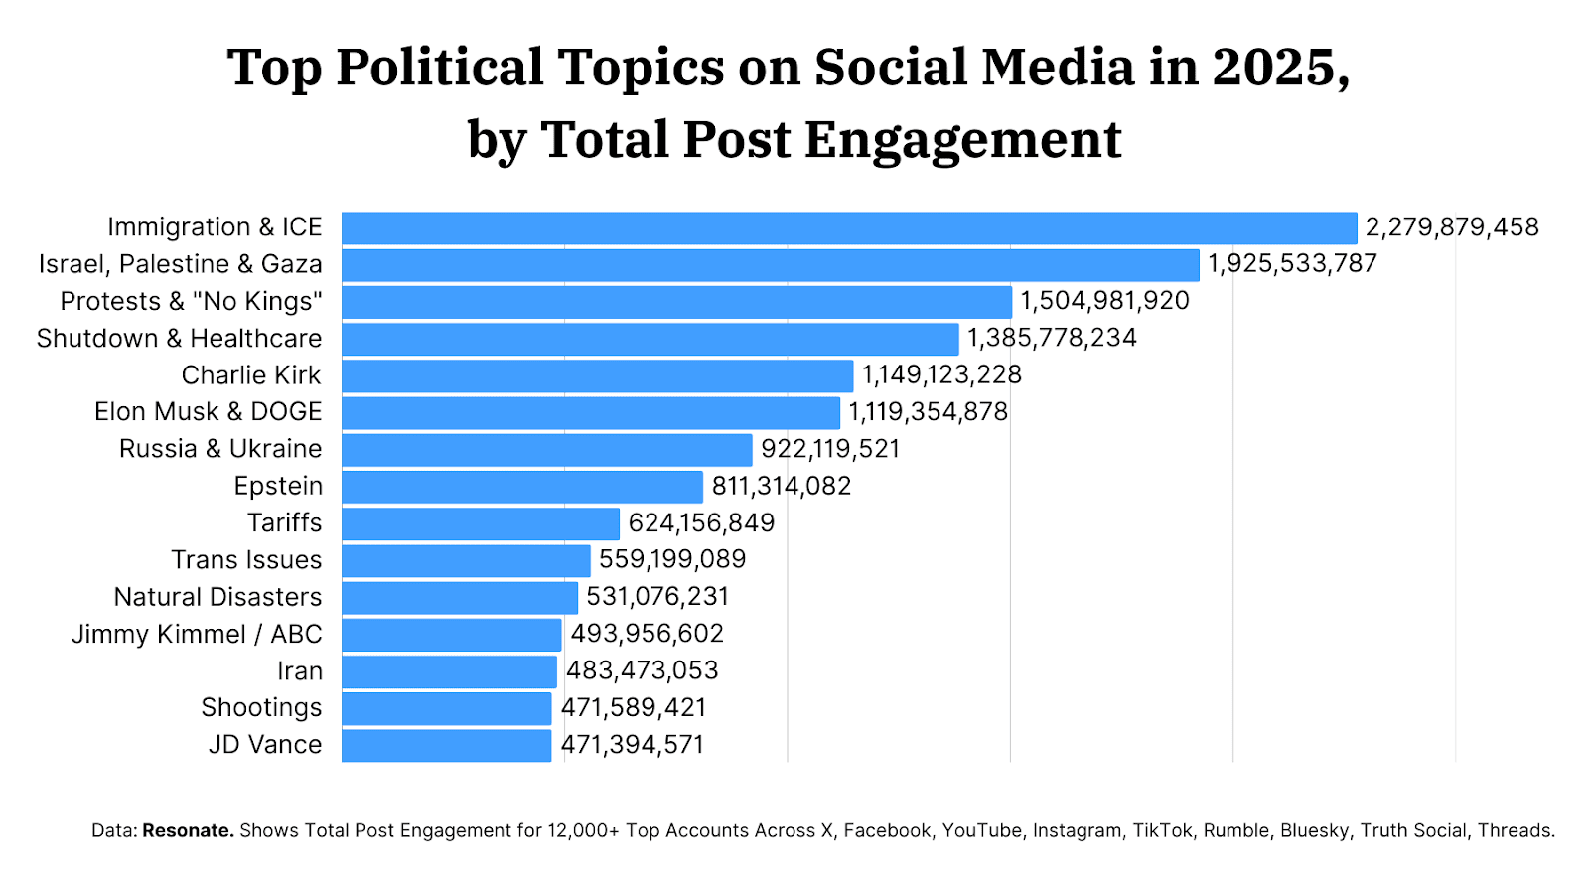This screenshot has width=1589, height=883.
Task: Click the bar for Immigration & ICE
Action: pyautogui.click(x=849, y=228)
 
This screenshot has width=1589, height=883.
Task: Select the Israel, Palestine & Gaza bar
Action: pyautogui.click(x=771, y=265)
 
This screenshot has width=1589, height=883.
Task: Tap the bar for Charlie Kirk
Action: pyautogui.click(x=597, y=376)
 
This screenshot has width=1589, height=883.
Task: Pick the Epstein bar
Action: pyautogui.click(x=522, y=487)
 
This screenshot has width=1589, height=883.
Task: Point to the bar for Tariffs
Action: pyautogui.click(x=481, y=523)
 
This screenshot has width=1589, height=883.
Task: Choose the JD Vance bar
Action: pyautogui.click(x=446, y=745)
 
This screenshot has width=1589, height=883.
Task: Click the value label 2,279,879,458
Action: pyautogui.click(x=1452, y=227)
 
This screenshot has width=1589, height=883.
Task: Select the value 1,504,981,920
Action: pyautogui.click(x=1104, y=301)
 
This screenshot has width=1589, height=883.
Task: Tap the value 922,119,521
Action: pyautogui.click(x=830, y=449)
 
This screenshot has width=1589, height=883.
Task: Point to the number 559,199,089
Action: pyautogui.click(x=672, y=559)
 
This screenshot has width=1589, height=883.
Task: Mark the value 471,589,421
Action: pyautogui.click(x=634, y=707)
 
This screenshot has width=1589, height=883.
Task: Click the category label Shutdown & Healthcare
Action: pyautogui.click(x=180, y=339)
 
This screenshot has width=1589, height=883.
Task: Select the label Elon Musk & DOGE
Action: pyautogui.click(x=209, y=412)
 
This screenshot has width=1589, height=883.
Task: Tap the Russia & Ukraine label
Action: pyautogui.click(x=220, y=449)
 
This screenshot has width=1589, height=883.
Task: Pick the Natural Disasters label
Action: pyautogui.click(x=218, y=597)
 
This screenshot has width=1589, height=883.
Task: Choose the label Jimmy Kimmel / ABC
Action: pyautogui.click(x=197, y=634)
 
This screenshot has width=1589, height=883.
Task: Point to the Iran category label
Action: pyautogui.click(x=300, y=671)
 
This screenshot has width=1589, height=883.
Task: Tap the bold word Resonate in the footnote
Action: pyautogui.click(x=188, y=830)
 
